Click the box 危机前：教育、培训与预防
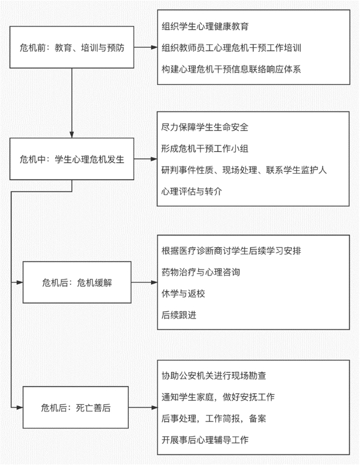tap(72, 47)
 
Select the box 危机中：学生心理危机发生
tap(72, 159)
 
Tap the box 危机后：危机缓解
tap(76, 283)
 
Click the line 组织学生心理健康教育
tap(205, 26)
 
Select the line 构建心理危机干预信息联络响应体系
tap(231, 68)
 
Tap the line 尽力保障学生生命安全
tap(205, 127)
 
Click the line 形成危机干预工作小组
tap(205, 148)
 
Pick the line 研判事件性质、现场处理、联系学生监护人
tap(244, 170)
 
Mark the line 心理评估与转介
tap(191, 191)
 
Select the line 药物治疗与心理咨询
tap(200, 272)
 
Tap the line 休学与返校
tap(183, 293)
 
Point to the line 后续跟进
tap(179, 314)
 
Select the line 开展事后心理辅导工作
tap(205, 439)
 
